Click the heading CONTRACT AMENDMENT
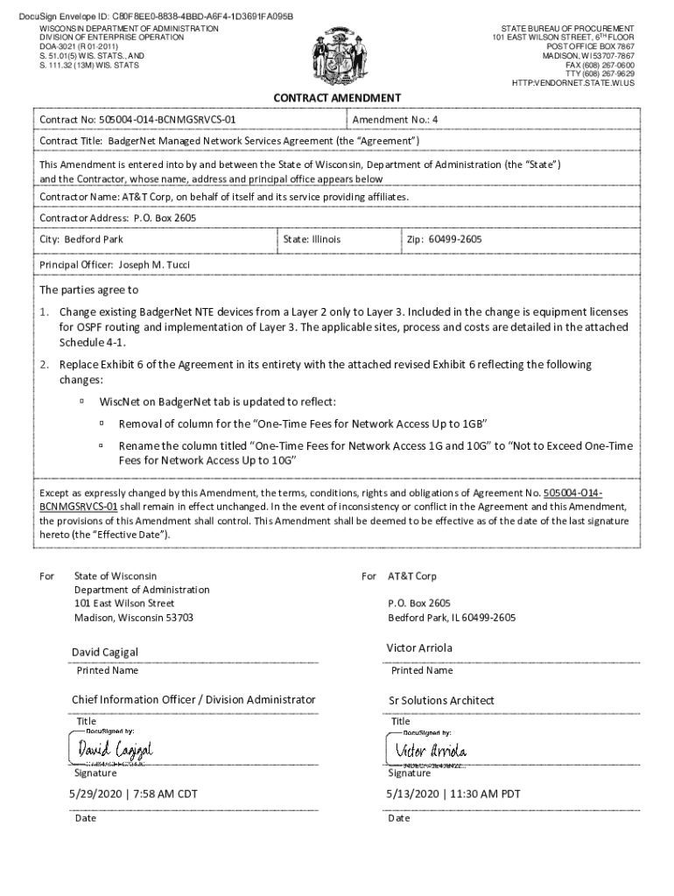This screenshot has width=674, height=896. [x=337, y=98]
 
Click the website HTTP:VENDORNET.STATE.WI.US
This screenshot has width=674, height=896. [x=573, y=83]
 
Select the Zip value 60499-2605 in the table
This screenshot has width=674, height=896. [x=454, y=240]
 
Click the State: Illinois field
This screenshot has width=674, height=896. [x=312, y=240]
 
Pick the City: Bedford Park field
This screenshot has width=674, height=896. [x=81, y=240]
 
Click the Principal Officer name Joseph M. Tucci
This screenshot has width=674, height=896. [x=154, y=264]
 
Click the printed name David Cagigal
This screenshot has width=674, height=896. [x=105, y=652]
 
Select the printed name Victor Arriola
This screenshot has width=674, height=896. [x=419, y=648]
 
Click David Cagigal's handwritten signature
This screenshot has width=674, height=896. [x=115, y=750]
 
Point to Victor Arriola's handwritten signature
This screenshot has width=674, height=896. [x=431, y=751]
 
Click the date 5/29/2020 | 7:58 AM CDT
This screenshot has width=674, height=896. [x=134, y=794]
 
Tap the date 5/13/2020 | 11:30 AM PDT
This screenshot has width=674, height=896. [x=453, y=794]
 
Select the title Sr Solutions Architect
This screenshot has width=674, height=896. [x=441, y=700]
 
